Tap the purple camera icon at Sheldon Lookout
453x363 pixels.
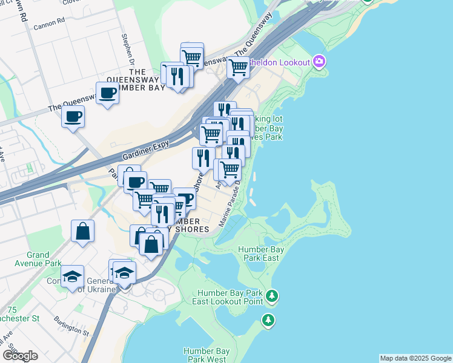tap(319, 62)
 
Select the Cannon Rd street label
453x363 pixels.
tap(49, 24)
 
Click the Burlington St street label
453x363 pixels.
tap(71, 325)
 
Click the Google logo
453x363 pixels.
tap(20, 356)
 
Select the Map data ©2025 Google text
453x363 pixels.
tap(415, 358)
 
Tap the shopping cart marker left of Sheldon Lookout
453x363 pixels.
tap(239, 67)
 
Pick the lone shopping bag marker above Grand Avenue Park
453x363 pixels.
tap(82, 231)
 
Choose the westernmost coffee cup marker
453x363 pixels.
tap(73, 116)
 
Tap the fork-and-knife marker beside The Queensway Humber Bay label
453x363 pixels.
tap(177, 76)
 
